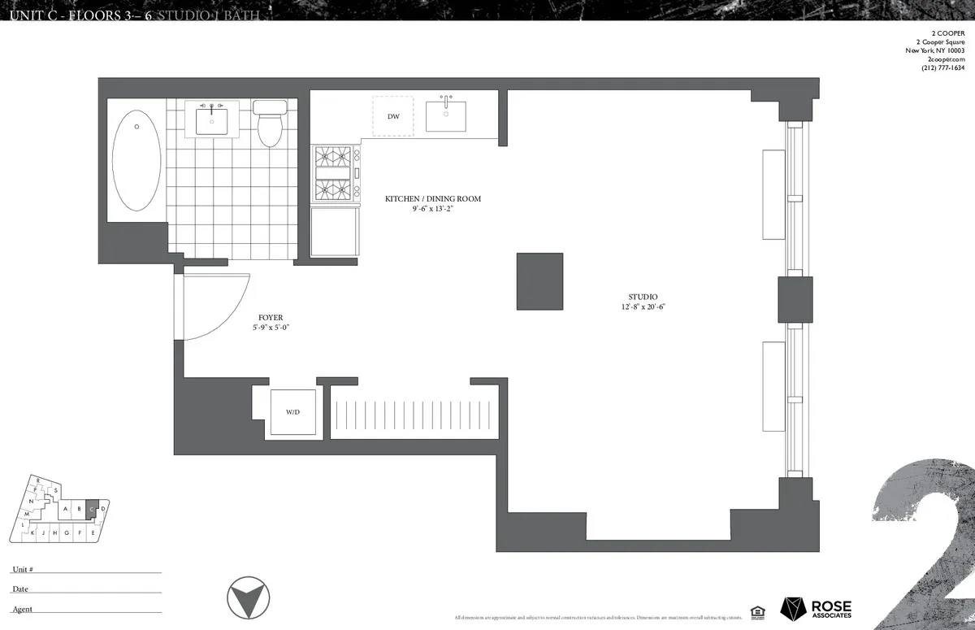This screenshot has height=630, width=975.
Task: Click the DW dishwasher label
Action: (x=393, y=117)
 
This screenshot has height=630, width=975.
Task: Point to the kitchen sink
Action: (x=445, y=115)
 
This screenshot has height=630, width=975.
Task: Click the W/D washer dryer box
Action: (x=292, y=412)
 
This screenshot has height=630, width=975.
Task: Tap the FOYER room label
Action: (x=271, y=318)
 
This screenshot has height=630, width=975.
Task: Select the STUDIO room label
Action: (x=642, y=297)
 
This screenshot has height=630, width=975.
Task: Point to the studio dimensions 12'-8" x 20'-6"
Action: (x=642, y=307)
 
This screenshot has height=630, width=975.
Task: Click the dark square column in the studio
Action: (x=539, y=281)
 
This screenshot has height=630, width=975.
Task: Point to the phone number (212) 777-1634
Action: (x=942, y=67)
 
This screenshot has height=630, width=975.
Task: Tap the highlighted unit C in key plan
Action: (x=92, y=509)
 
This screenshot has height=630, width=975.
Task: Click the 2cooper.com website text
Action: (x=945, y=59)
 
